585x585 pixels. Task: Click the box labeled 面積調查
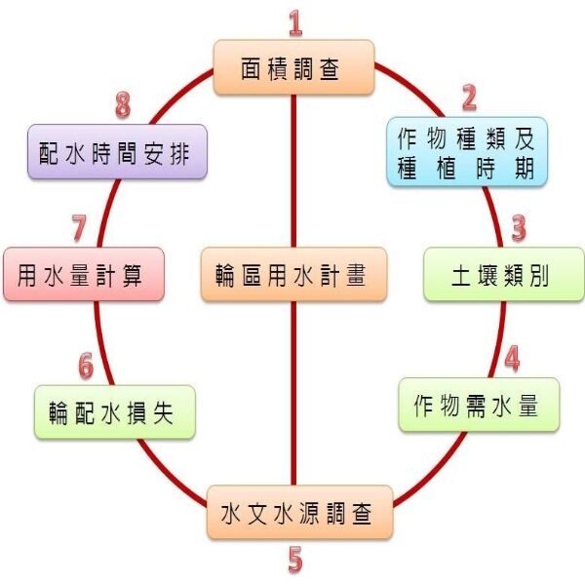pyautogui.click(x=293, y=67)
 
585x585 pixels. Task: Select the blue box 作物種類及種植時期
pyautogui.click(x=466, y=152)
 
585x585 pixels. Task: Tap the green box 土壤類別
pyautogui.click(x=489, y=273)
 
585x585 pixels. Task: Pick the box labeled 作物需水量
pyautogui.click(x=479, y=404)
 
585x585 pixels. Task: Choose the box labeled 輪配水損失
pyautogui.click(x=115, y=411)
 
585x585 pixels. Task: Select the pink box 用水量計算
pyautogui.click(x=83, y=274)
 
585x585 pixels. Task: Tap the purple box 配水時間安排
pyautogui.click(x=117, y=151)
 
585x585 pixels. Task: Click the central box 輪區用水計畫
pyautogui.click(x=294, y=274)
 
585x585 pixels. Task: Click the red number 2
pyautogui.click(x=469, y=97)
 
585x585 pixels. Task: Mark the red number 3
pyautogui.click(x=519, y=228)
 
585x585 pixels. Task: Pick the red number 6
pyautogui.click(x=86, y=365)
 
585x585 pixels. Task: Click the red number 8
pyautogui.click(x=122, y=103)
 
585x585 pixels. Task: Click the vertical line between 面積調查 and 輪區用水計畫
pyautogui.click(x=293, y=171)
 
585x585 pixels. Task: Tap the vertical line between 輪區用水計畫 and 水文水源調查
pyautogui.click(x=293, y=390)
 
